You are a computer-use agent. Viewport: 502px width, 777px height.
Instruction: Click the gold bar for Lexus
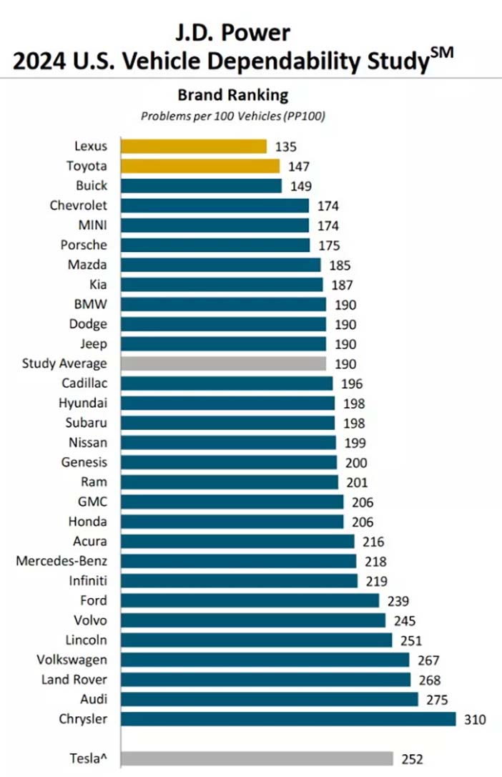point(194,146)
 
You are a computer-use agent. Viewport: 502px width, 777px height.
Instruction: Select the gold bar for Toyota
point(200,166)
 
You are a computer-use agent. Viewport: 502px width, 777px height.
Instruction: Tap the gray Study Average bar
point(224,363)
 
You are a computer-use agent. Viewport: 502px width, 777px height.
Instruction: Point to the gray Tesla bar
point(257,758)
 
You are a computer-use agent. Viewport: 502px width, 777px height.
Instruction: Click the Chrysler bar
point(289,719)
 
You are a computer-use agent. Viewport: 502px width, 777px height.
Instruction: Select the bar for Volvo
point(253,620)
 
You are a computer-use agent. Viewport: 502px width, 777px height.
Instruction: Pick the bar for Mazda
point(221,265)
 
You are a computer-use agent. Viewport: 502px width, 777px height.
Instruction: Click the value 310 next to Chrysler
point(475,720)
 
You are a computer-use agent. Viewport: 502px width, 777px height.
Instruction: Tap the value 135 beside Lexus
point(285,147)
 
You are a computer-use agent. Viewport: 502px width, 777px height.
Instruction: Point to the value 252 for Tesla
point(412,759)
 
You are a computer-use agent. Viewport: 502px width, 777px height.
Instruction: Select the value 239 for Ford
point(398,601)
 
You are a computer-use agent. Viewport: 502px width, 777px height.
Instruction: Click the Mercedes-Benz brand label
point(61,561)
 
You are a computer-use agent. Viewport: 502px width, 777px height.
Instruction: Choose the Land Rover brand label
point(74,680)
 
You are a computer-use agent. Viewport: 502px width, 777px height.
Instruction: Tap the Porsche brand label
point(84,245)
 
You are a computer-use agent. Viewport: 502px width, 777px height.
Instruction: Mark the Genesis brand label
point(84,462)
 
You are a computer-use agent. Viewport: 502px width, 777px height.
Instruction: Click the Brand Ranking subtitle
point(232,94)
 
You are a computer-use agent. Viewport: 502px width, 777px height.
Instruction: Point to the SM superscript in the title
point(442,53)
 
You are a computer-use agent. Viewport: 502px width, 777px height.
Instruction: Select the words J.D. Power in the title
point(232,33)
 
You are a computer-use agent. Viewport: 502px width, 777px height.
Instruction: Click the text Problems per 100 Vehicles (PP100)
point(233,117)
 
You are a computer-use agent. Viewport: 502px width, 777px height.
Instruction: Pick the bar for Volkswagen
point(265,660)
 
